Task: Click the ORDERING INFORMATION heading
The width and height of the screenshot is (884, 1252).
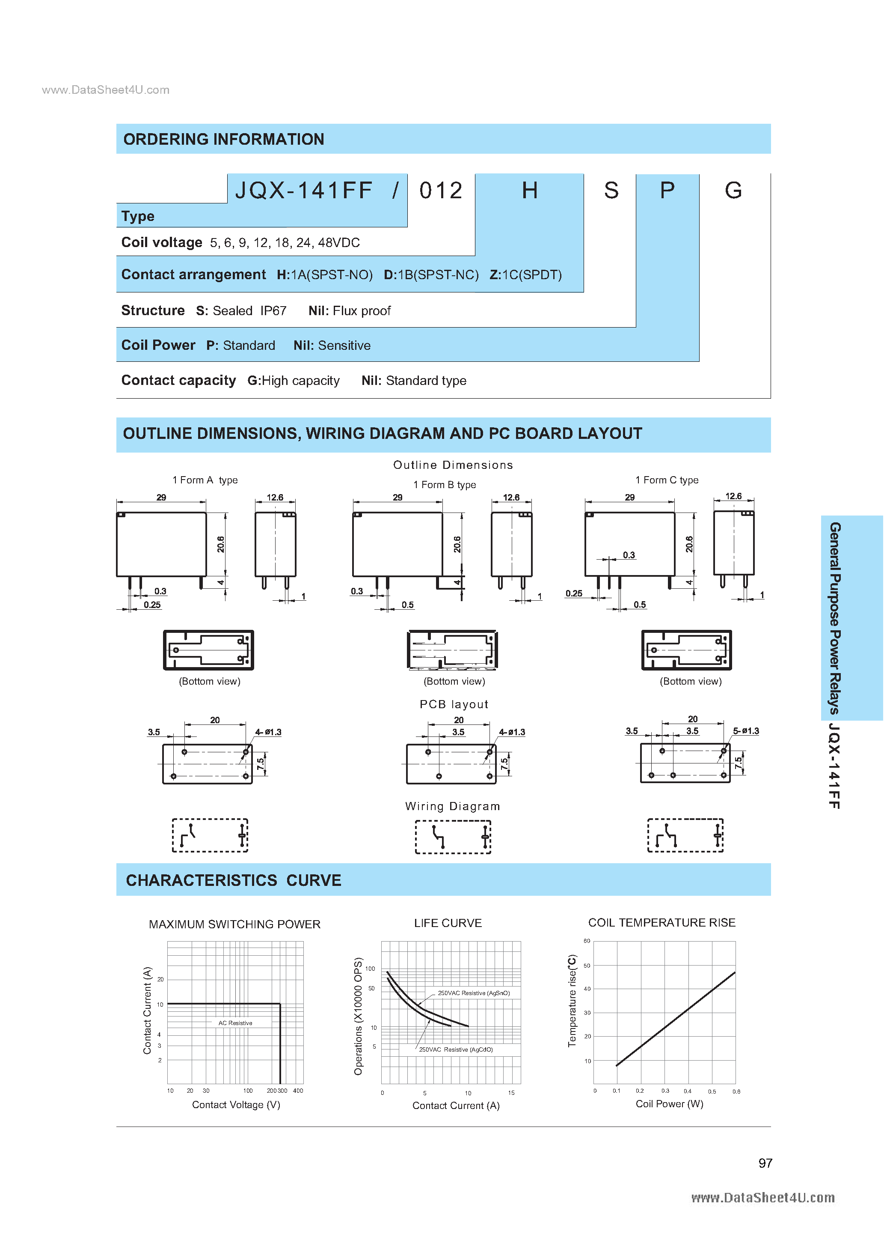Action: click(x=223, y=140)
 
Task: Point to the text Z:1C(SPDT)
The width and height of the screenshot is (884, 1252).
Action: click(x=525, y=275)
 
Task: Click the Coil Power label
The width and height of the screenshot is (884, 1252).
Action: click(x=158, y=345)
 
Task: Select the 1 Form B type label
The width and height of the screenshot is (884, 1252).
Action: click(x=444, y=485)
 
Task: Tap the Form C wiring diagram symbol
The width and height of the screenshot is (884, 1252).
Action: click(x=685, y=835)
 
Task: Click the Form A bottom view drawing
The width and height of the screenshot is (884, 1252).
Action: click(x=209, y=650)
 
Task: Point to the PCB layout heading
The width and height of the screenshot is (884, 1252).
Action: click(x=454, y=704)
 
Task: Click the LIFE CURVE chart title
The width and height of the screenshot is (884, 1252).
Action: click(x=448, y=923)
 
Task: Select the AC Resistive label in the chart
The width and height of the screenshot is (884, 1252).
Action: click(x=235, y=1023)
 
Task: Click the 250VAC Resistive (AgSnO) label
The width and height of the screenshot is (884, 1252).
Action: click(x=474, y=993)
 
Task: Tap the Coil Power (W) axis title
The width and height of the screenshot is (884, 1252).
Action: click(x=669, y=1104)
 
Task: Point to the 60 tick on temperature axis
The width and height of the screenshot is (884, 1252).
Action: click(x=587, y=941)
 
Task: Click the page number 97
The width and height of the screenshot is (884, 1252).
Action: click(x=765, y=1163)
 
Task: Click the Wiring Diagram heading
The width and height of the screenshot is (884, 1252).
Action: click(x=452, y=807)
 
